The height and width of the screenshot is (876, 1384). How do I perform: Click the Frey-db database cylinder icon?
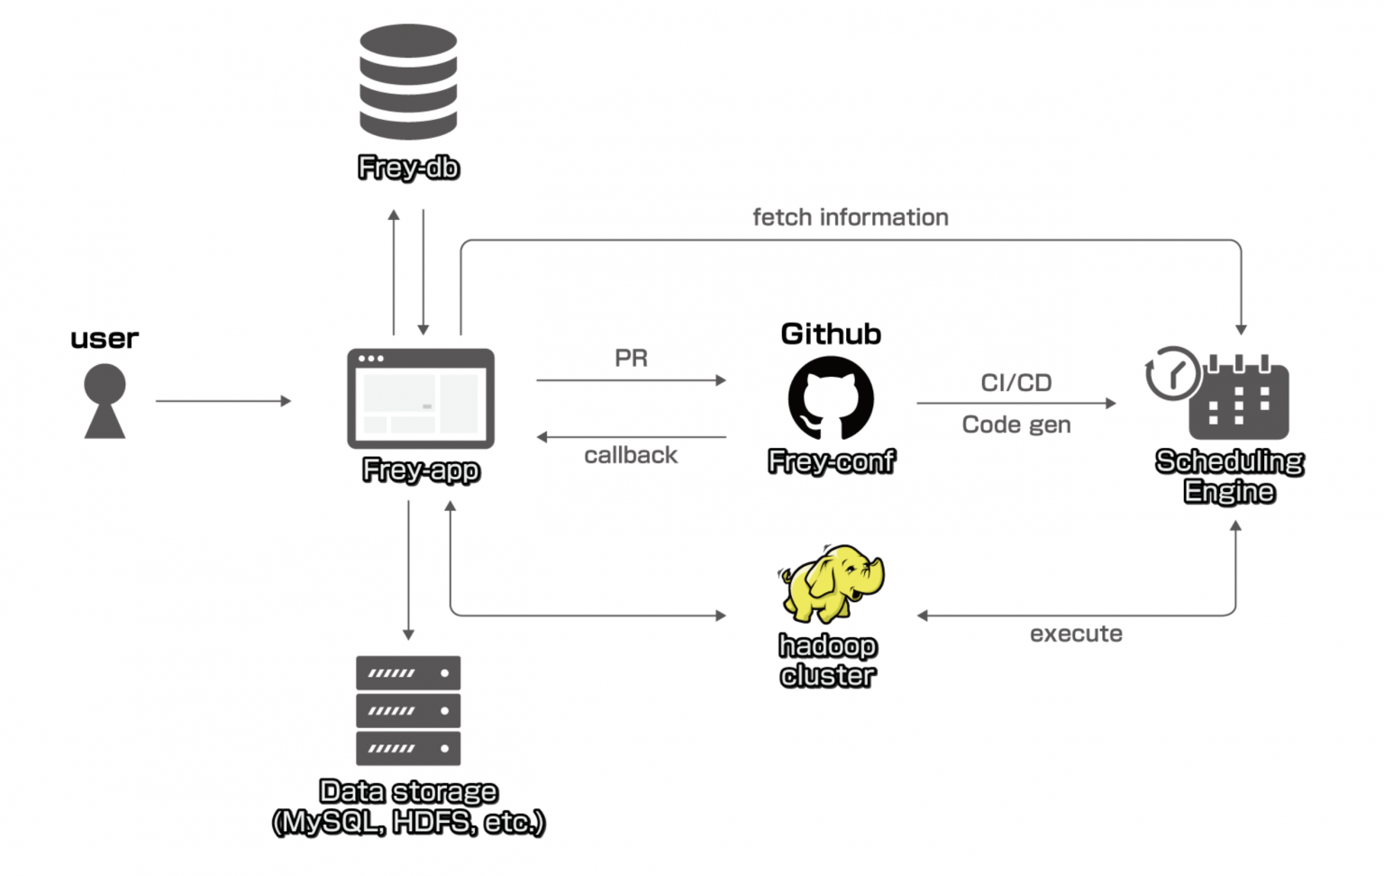(408, 81)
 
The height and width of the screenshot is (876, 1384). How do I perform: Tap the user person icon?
(105, 401)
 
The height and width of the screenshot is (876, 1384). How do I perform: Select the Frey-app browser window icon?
(421, 398)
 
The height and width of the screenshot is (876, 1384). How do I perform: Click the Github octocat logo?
(831, 398)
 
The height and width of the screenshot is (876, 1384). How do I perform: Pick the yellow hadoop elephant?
(831, 583)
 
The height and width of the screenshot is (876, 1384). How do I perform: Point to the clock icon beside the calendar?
(1172, 372)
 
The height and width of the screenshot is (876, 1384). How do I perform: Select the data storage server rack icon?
(408, 710)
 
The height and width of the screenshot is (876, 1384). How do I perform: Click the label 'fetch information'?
(850, 217)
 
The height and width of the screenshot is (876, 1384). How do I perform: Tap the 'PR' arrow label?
(631, 358)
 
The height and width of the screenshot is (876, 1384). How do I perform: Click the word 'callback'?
(631, 455)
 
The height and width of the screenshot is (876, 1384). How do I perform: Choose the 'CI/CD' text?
(1015, 383)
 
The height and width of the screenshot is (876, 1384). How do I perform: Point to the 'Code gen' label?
(1015, 424)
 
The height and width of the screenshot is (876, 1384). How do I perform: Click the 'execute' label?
(1076, 634)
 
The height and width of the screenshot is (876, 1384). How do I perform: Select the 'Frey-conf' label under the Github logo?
(831, 461)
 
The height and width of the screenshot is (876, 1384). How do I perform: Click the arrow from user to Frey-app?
(223, 401)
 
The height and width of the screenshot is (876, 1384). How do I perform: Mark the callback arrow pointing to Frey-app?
(631, 437)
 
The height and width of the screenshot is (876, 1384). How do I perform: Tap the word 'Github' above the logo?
(831, 333)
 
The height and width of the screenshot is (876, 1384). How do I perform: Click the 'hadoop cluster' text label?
(827, 661)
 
